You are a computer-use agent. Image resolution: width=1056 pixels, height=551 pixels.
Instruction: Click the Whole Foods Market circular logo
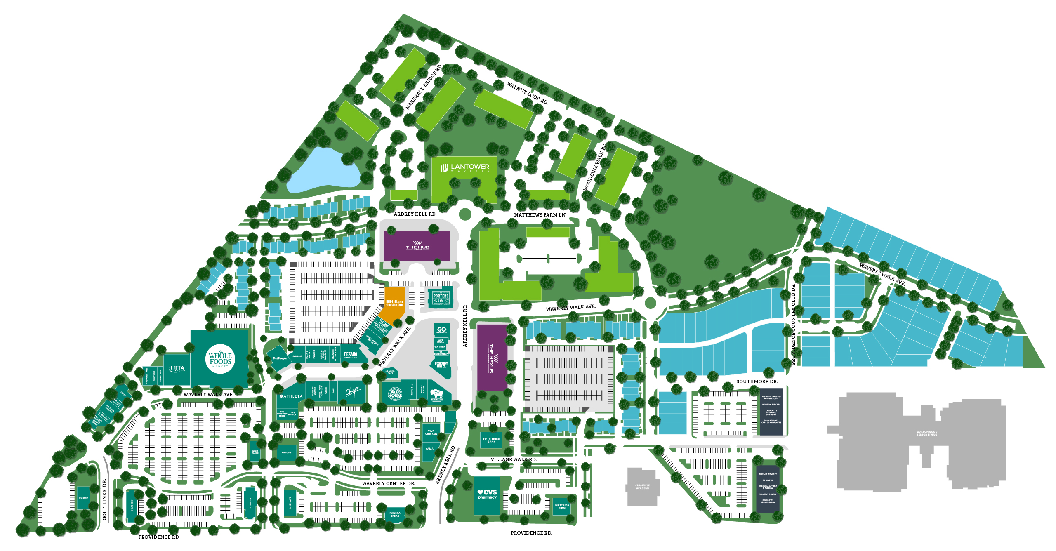pos(220,359)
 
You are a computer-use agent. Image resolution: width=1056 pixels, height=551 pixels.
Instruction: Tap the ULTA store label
pos(177,369)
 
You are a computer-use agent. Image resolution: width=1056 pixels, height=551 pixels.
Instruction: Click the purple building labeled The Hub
pos(417,246)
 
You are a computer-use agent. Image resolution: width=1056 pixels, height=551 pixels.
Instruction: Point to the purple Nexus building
pos(492,358)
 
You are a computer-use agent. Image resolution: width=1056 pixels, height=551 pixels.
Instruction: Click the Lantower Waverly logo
pos(465,168)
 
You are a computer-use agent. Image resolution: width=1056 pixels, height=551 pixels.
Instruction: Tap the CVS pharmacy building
pos(487,494)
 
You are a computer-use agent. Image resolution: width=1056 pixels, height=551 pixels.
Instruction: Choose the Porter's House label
pos(441,298)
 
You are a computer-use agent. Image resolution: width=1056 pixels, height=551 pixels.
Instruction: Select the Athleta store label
pos(292,396)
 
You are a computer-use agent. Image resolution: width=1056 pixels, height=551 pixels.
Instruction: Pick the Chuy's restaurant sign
pos(352,391)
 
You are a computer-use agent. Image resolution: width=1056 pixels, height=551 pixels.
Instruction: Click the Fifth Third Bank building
pos(491,440)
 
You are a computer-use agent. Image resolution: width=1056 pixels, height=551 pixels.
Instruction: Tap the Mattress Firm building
pos(562,506)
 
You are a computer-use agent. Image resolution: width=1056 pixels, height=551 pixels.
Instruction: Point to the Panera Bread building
pos(395,515)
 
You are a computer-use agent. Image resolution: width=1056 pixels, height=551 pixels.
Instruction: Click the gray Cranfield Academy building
pos(642,487)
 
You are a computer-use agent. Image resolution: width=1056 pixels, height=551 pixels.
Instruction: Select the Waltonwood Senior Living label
pos(926,433)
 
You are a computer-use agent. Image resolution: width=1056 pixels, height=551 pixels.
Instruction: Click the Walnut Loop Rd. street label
pos(527,93)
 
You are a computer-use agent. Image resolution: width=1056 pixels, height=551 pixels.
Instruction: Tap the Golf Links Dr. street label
pos(104,499)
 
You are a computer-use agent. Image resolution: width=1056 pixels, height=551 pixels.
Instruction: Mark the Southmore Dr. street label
pos(757,381)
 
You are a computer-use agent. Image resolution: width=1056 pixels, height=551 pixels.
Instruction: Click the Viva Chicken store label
pos(431,432)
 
